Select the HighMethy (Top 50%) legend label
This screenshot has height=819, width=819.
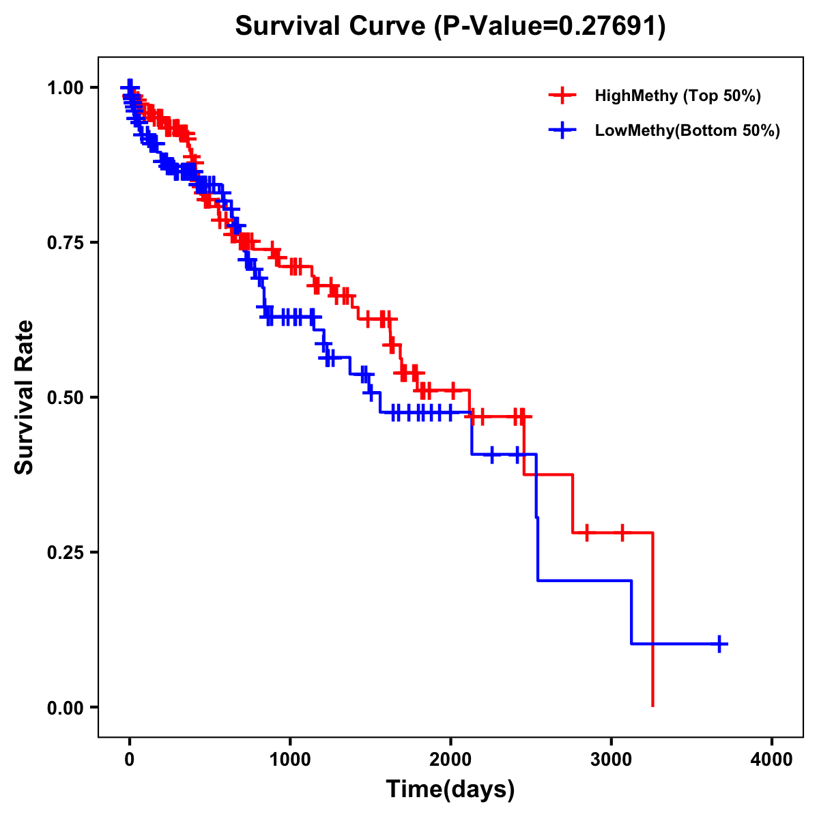677,96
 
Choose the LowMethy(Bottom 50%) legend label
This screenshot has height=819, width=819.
687,130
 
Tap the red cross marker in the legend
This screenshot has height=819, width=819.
562,96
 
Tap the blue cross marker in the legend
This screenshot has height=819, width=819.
562,130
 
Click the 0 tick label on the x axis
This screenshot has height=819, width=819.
129,760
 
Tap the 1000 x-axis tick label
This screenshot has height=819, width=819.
290,760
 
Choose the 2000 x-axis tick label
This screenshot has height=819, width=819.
450,760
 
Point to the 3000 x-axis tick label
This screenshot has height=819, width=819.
612,760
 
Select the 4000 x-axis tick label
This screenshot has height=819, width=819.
772,760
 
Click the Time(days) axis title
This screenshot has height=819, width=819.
450,790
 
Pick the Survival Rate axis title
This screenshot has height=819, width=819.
25,397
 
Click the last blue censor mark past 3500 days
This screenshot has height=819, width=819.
719,644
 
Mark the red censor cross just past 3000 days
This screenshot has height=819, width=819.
622,532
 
